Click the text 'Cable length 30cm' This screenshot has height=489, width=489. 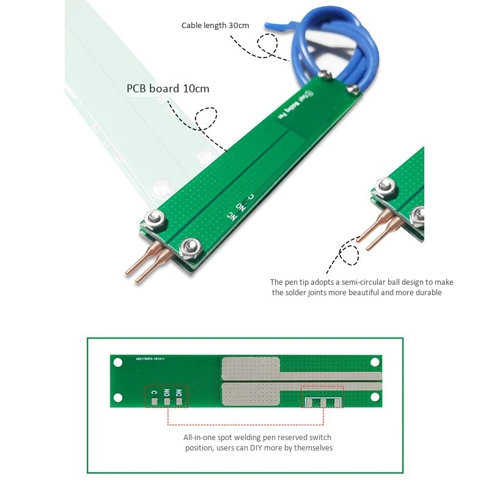point(215,26)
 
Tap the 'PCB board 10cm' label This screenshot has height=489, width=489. point(167,89)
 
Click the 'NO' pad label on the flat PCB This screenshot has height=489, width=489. point(166,393)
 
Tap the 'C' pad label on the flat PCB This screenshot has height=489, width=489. point(154,393)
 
